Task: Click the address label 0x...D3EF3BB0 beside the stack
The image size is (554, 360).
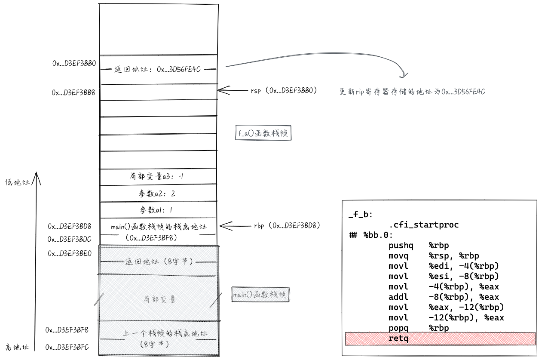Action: tap(73, 63)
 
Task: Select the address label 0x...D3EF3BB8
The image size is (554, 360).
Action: tap(73, 92)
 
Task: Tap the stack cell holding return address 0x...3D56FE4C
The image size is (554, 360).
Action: tap(158, 69)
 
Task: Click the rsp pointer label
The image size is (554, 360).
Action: tap(284, 91)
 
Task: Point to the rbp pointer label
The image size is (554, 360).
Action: tap(287, 225)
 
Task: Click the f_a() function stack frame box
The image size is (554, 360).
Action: tap(263, 133)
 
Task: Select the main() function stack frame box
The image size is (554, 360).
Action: tap(260, 295)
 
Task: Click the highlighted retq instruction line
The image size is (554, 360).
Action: tap(440, 338)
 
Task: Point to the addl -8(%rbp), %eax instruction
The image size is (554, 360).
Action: tap(443, 297)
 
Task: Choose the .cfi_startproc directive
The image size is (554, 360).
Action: tap(423, 225)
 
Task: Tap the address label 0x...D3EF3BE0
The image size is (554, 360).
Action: tap(70, 253)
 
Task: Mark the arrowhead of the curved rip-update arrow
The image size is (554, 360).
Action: tap(403, 76)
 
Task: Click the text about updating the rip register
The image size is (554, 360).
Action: tap(412, 92)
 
